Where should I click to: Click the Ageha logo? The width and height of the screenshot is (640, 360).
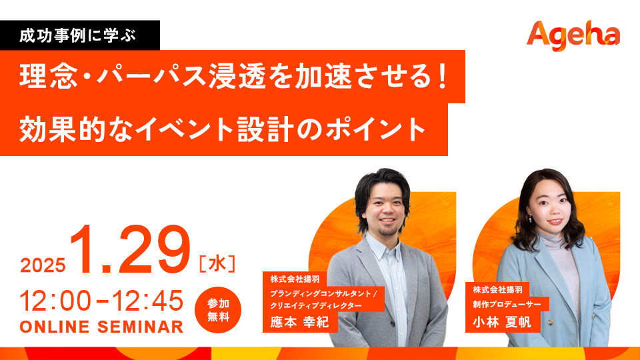click(573, 35)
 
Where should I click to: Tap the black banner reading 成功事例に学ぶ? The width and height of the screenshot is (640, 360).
click(80, 35)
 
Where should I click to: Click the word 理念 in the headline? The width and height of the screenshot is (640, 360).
click(49, 76)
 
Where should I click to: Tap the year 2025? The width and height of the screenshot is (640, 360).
click(43, 266)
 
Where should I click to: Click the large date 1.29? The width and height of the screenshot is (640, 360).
click(130, 249)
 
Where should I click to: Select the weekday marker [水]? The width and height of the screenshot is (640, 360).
click(217, 264)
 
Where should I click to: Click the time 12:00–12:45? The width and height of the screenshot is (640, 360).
click(101, 301)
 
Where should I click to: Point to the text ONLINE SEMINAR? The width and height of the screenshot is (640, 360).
click(101, 327)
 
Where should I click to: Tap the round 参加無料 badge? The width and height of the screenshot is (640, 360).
click(218, 310)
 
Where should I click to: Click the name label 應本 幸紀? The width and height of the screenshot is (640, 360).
click(299, 322)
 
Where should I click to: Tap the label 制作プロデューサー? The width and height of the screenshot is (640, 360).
click(507, 304)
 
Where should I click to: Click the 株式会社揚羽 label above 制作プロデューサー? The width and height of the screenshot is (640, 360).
click(497, 290)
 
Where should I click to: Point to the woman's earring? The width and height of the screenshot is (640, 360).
click(530, 219)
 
